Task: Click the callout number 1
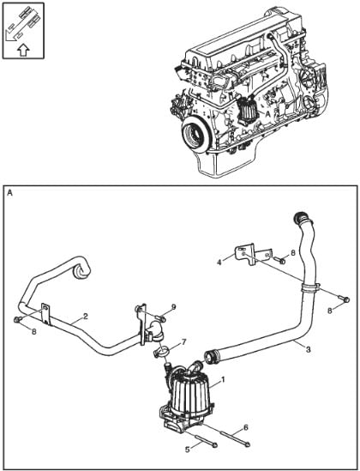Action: [x=222, y=380]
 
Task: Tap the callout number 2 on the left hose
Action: [x=86, y=316]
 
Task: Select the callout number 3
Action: [x=308, y=349]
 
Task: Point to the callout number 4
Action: [x=220, y=262]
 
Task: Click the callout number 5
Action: [x=188, y=450]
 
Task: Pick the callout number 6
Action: [x=246, y=427]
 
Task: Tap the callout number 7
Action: [x=184, y=341]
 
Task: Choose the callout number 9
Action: [x=173, y=306]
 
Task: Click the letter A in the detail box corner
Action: [x=10, y=193]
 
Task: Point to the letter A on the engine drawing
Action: [x=267, y=113]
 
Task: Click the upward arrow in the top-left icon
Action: [x=23, y=50]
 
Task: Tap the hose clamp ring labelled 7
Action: [x=161, y=352]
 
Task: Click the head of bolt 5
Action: [x=214, y=445]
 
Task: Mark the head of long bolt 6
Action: [x=247, y=444]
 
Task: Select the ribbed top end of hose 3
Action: [x=301, y=217]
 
